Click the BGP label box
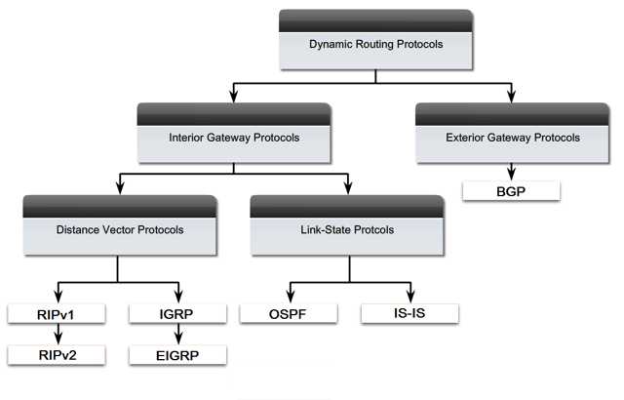511,191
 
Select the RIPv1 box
56,314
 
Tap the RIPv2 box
56,355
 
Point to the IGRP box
178,314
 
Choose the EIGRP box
178,355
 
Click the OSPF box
288,314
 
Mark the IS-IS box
409,314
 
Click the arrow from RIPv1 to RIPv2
56,335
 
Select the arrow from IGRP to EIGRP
178,335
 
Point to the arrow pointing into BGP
511,172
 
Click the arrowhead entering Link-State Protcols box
347,188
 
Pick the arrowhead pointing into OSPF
288,297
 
